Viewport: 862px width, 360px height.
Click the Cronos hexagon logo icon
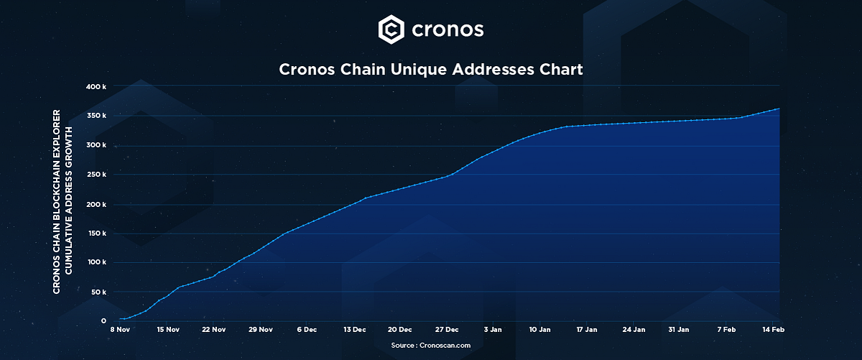coord(391,29)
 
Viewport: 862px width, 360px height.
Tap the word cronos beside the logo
coord(448,30)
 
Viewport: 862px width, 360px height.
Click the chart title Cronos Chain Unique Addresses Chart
coord(430,70)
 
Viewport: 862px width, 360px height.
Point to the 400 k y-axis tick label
coord(96,86)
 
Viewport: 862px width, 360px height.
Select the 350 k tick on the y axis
coord(96,116)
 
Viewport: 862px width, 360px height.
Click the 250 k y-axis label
coord(96,175)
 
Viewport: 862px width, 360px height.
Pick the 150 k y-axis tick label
coord(96,234)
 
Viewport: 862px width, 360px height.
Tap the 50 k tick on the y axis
coord(98,292)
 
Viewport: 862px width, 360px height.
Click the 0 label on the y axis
coord(103,321)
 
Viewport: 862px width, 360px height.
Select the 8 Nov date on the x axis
coord(120,330)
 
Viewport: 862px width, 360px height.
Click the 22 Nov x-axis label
coord(214,330)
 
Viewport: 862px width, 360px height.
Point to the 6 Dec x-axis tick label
coord(306,330)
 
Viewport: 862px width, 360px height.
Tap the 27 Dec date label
coord(447,330)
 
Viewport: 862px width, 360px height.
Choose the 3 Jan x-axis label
coord(493,330)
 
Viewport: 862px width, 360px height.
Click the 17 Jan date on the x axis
coord(586,330)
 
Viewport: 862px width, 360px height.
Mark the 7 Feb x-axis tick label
coord(726,330)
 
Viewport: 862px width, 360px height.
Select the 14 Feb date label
coord(772,330)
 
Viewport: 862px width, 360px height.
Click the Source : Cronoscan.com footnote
coord(431,346)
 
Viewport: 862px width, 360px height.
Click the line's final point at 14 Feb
coord(779,109)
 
